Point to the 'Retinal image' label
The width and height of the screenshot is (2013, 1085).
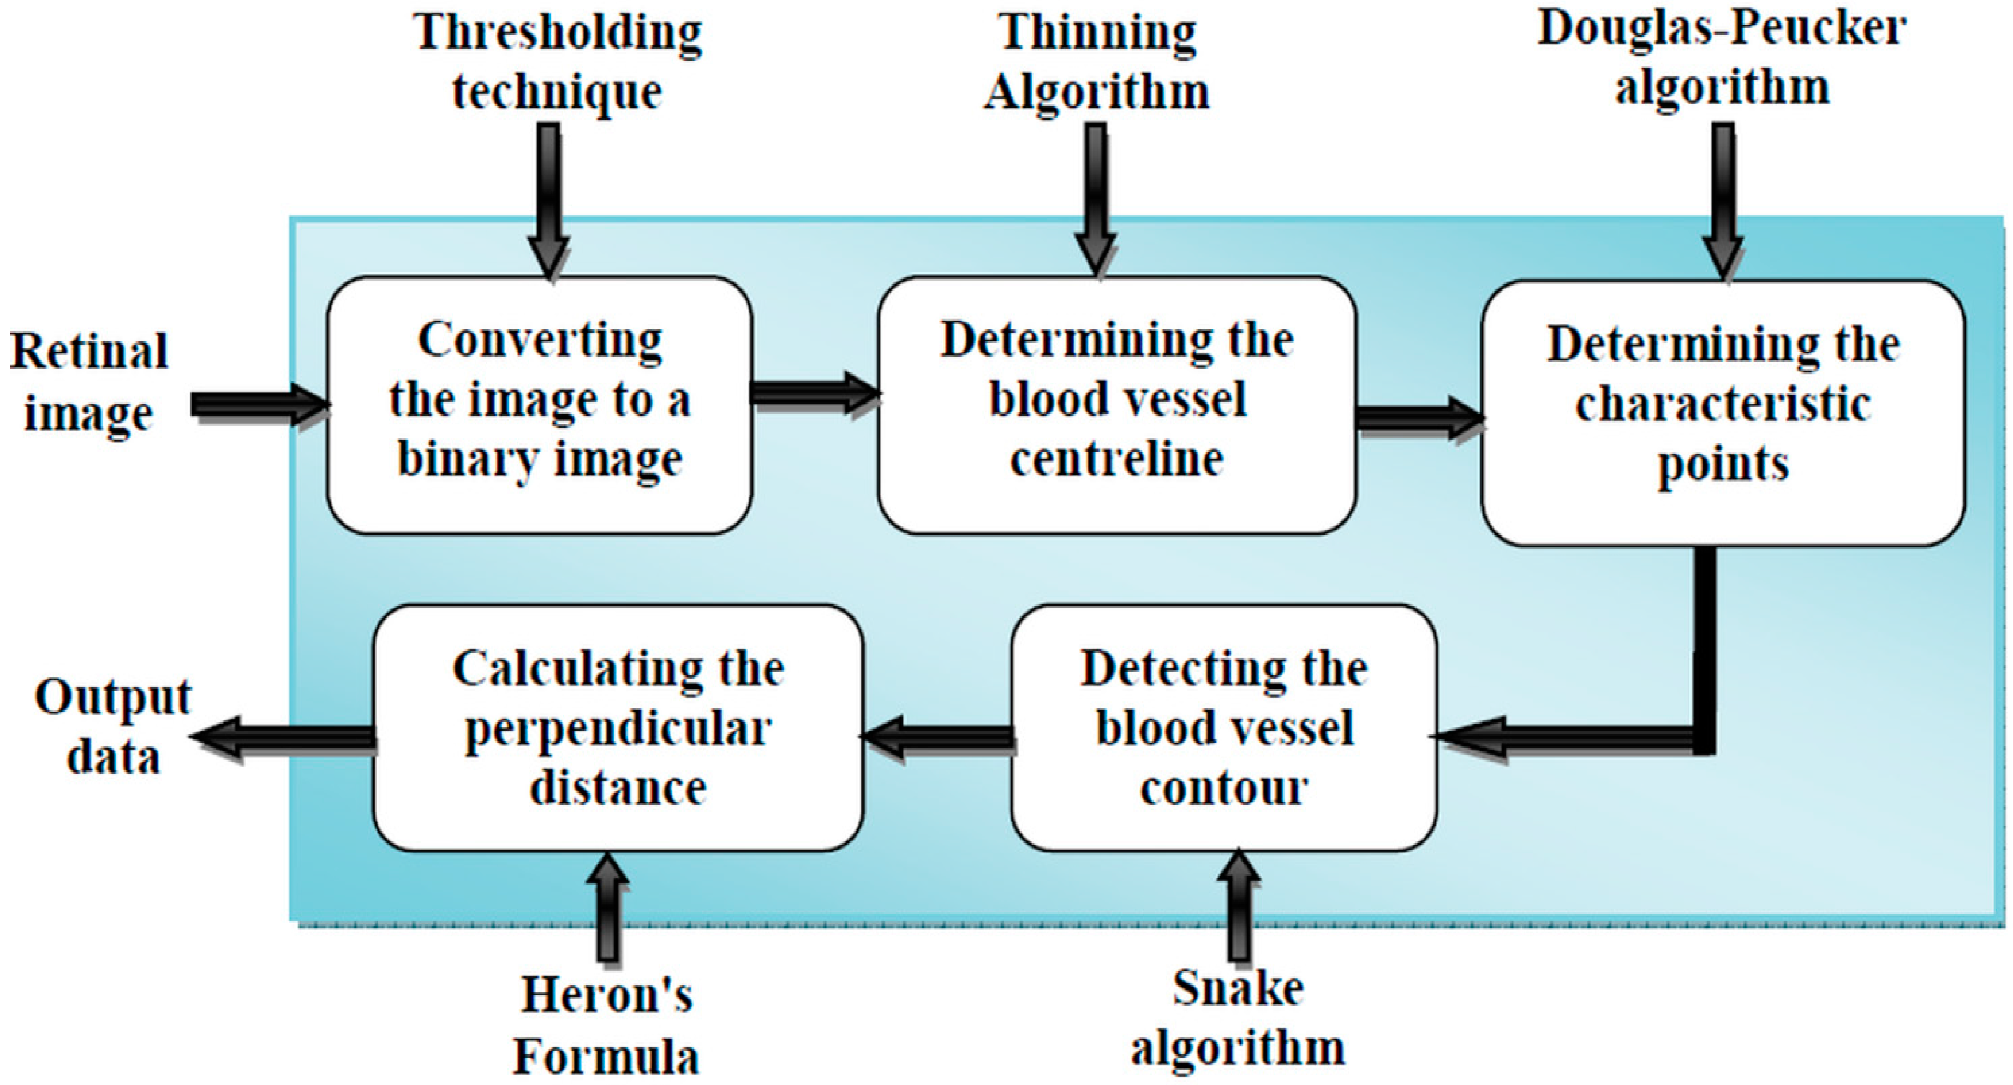[x=89, y=382]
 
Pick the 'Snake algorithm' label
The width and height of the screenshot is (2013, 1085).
[x=1239, y=1018]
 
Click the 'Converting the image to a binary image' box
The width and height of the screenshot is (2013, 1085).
[x=539, y=405]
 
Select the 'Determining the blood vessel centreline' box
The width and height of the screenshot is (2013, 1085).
[x=1118, y=405]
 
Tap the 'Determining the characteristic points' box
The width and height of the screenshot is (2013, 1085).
[x=1723, y=413]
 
